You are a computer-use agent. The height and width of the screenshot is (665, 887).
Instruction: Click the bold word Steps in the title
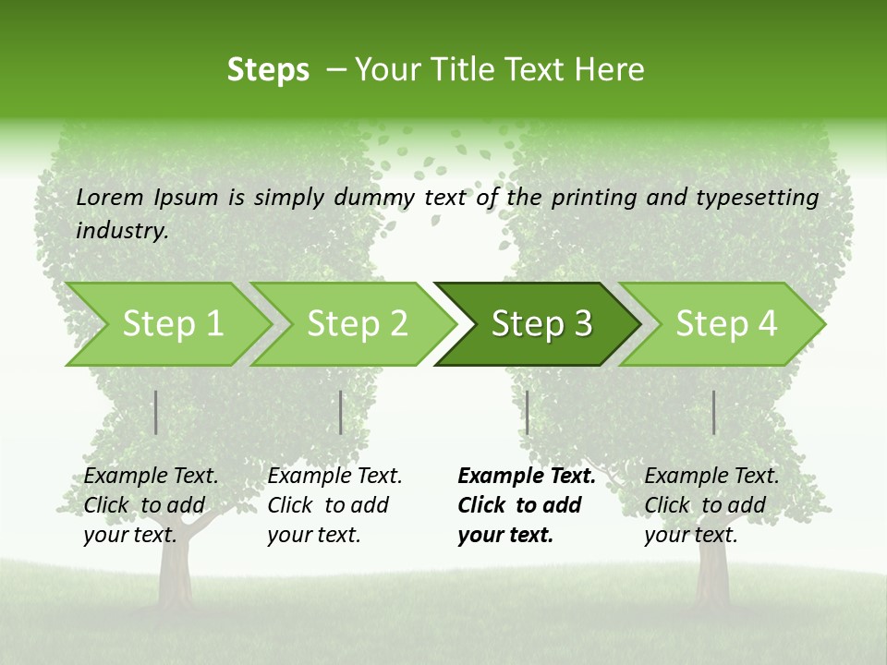[268, 69]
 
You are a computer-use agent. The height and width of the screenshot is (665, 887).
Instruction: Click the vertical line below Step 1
[156, 412]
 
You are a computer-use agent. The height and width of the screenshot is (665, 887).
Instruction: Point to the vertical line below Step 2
[341, 412]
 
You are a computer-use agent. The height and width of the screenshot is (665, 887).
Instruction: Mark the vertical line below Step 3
[527, 412]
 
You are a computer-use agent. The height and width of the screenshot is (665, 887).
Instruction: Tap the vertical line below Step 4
[713, 412]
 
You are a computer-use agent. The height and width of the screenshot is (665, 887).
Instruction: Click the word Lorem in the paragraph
[111, 197]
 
